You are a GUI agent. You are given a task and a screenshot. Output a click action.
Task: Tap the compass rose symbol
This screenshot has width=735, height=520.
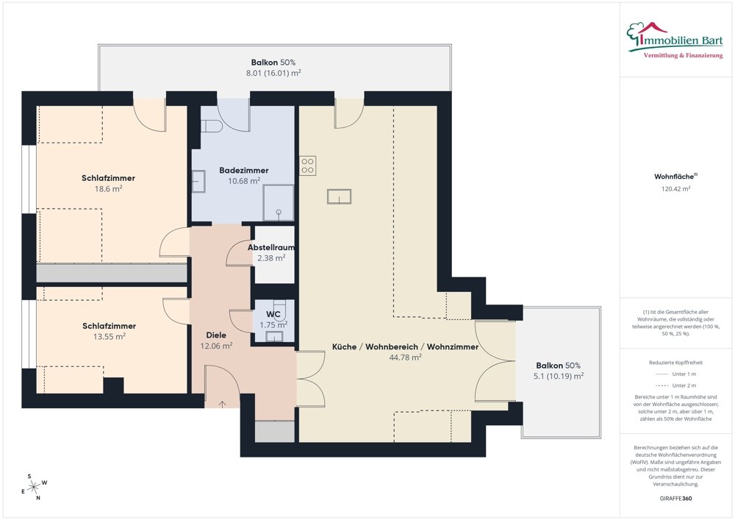[32, 486]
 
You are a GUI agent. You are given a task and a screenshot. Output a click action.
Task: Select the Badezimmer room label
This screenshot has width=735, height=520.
[244, 170]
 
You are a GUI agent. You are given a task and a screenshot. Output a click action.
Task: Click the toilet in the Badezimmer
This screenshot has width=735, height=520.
[212, 126]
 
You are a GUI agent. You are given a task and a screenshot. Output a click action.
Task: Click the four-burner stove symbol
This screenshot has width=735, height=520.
[307, 165]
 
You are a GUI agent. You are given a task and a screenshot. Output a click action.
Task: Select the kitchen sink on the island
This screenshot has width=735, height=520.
[339, 196]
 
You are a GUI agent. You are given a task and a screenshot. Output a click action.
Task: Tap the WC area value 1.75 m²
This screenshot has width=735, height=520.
[273, 324]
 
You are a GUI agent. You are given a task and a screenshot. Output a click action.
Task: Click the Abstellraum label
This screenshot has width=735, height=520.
[270, 247]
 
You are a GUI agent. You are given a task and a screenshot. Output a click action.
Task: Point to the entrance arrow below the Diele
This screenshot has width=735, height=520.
[223, 404]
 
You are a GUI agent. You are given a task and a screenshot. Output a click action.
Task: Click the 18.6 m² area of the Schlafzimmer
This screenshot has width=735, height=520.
[108, 188]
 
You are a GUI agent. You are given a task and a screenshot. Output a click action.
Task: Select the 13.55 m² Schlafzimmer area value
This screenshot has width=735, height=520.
[109, 336]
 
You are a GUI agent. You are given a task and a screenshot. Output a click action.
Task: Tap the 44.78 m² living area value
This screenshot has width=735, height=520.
[405, 357]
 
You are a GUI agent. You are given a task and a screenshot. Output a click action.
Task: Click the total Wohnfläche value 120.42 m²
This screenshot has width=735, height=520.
[675, 188]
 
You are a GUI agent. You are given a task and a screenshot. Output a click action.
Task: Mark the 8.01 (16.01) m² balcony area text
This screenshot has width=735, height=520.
[273, 73]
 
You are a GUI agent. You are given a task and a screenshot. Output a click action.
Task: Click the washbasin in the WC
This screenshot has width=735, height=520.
[273, 338]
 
